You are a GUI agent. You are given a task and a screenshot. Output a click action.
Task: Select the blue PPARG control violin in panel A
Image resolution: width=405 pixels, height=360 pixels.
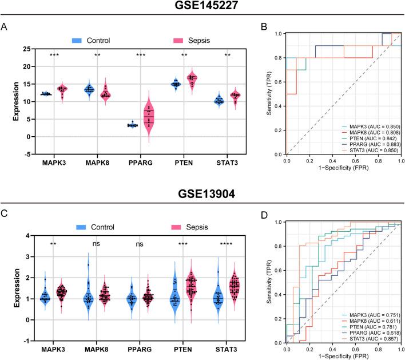point(133,124)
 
